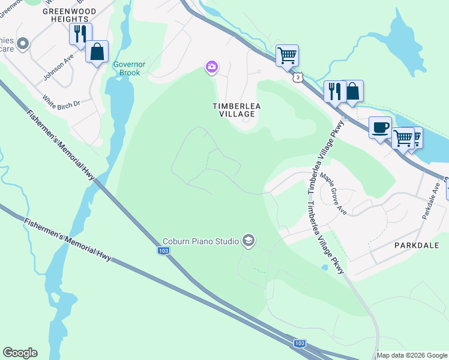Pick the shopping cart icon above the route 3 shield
[x=287, y=56]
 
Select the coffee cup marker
[x=379, y=128]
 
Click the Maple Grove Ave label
[x=334, y=186]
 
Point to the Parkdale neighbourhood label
[x=417, y=245]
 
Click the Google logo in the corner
[x=20, y=353]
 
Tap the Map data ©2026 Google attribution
[x=412, y=355]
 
